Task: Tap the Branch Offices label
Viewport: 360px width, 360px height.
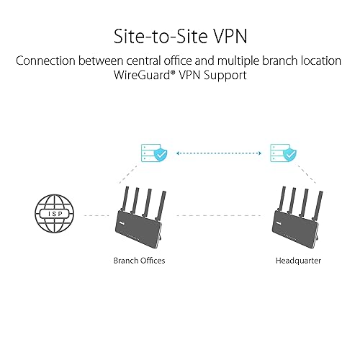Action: pyautogui.click(x=139, y=260)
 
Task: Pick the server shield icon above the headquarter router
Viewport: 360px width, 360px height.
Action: pyautogui.click(x=281, y=154)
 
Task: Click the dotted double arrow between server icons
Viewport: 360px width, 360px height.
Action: pyautogui.click(x=215, y=153)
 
